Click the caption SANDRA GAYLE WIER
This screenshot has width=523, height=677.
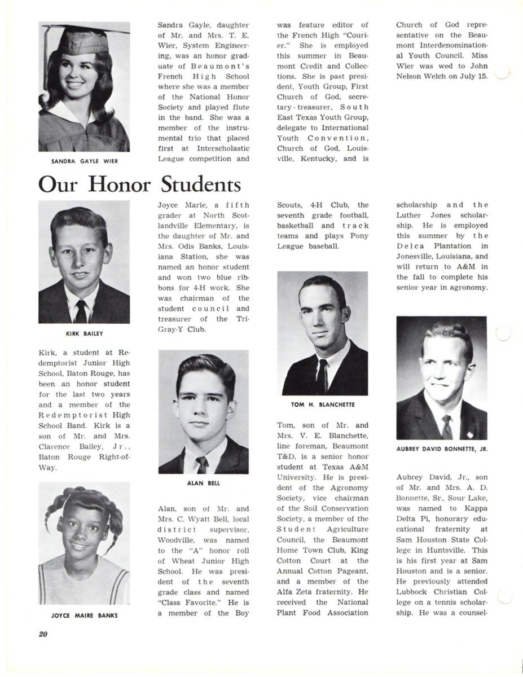coord(85,161)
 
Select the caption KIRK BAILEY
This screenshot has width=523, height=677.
coord(85,333)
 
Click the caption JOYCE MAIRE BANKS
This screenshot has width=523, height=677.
coord(85,616)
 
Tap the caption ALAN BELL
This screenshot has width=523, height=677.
coord(203,483)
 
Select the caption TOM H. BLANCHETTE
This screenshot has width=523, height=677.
coord(323,405)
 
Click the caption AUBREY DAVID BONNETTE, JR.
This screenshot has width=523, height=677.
coord(442,449)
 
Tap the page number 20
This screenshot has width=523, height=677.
coord(43,634)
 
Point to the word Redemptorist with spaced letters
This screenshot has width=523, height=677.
coord(84,415)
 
